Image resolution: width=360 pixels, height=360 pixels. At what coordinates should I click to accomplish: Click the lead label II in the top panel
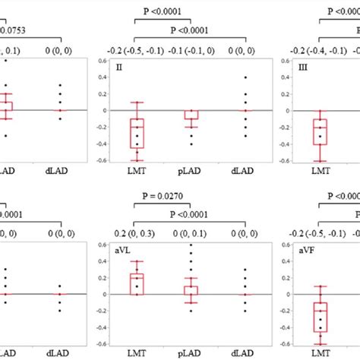click(x=118, y=67)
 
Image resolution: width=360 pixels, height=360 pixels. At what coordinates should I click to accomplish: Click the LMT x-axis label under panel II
click(x=137, y=172)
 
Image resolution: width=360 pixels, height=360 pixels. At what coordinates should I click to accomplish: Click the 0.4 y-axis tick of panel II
click(x=105, y=77)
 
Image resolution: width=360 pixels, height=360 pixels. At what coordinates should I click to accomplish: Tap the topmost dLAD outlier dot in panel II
click(x=244, y=77)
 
